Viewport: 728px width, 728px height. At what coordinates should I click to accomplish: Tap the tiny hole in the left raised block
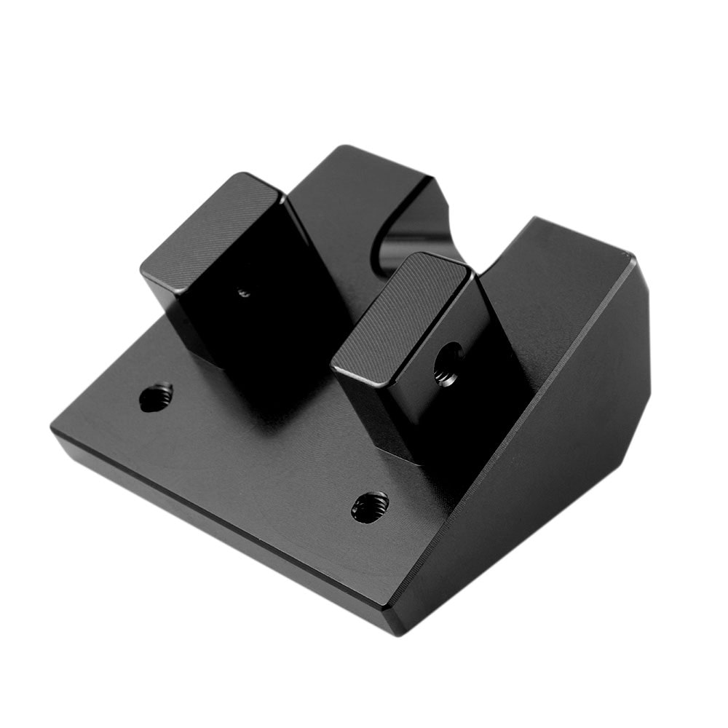click(244, 293)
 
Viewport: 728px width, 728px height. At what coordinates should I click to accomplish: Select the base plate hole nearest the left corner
click(156, 397)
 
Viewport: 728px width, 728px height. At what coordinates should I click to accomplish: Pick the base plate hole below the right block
click(370, 506)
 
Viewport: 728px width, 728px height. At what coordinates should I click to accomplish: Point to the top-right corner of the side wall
click(632, 256)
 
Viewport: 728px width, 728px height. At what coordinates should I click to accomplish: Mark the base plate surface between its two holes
click(262, 451)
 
